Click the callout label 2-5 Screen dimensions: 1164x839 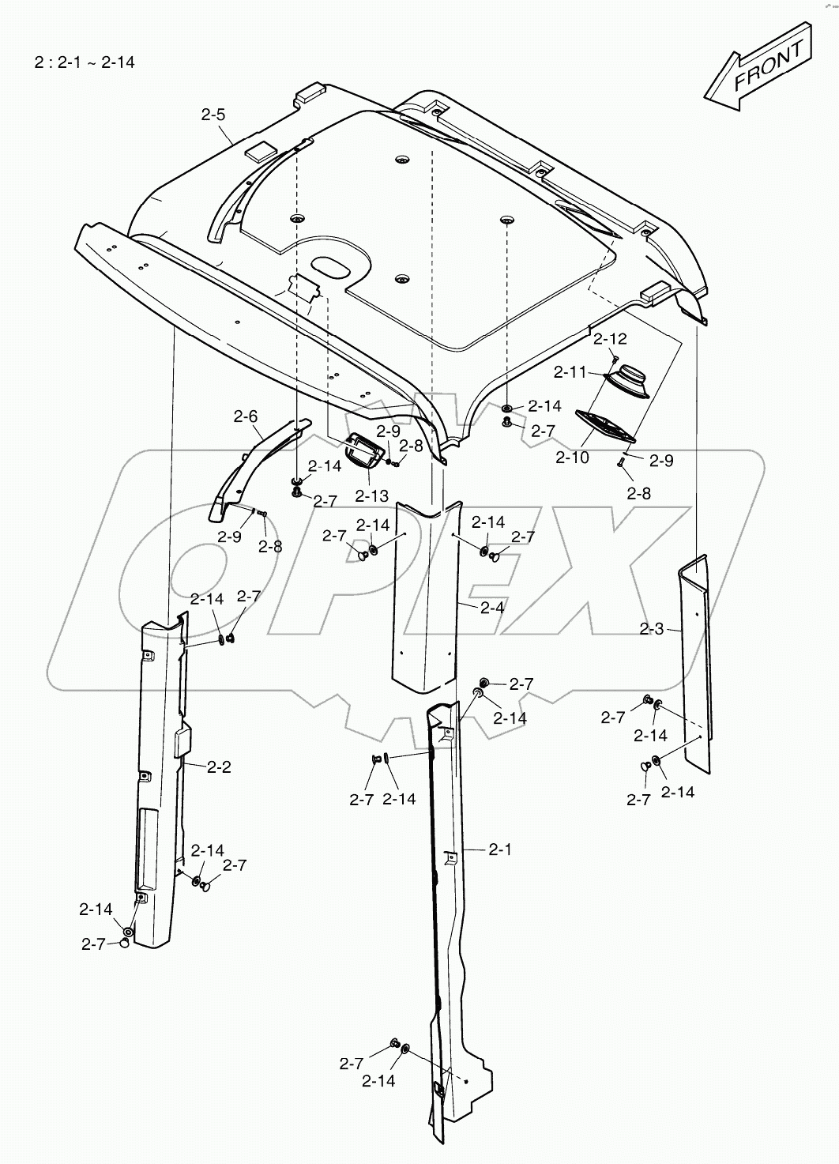click(213, 115)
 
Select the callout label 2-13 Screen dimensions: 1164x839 click(371, 496)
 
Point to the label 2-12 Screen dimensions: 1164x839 click(610, 339)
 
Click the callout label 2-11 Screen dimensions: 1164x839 click(570, 371)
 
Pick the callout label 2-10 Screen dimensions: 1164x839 click(572, 458)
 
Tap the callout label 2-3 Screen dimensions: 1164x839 click(652, 629)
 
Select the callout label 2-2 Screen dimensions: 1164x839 click(219, 767)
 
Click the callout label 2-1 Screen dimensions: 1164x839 click(500, 849)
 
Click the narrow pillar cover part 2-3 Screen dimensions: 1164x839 click(695, 664)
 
